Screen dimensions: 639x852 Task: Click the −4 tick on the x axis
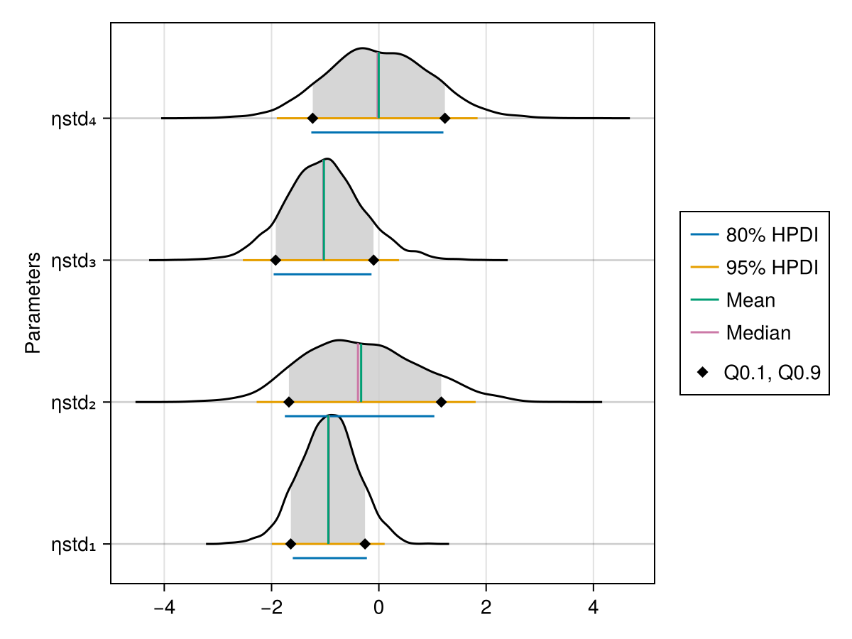[164, 608]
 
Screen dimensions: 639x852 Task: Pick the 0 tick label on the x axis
[378, 608]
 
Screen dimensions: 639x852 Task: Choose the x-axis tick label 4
[594, 608]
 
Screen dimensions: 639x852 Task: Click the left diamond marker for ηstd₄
[312, 119]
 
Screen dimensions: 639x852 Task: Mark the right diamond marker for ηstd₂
[441, 402]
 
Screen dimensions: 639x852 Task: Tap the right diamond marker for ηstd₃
[373, 260]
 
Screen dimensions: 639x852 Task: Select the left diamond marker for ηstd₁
[290, 544]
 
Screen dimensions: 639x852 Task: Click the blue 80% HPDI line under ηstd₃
[322, 274]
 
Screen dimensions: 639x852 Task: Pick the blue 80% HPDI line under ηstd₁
[329, 558]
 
